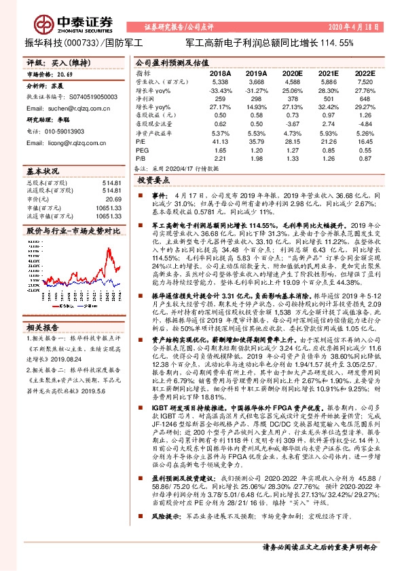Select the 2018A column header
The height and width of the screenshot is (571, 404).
click(220, 72)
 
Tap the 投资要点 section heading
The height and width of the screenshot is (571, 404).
click(153, 182)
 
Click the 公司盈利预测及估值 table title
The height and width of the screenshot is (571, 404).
click(168, 62)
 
